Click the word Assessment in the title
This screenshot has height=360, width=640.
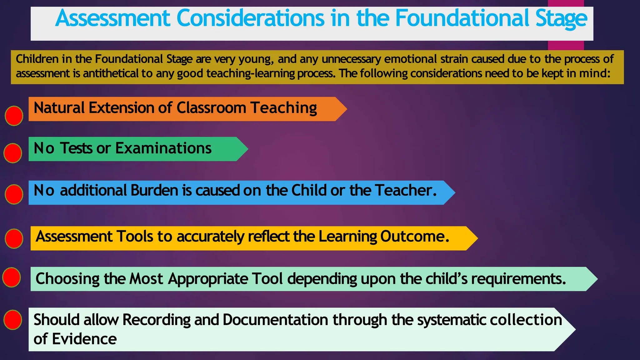click(x=112, y=18)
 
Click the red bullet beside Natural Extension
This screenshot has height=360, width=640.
click(x=14, y=116)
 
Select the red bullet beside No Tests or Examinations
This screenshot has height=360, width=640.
click(x=13, y=153)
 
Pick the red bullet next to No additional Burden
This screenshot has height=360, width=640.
click(x=14, y=194)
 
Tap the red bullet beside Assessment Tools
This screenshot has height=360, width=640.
click(x=14, y=238)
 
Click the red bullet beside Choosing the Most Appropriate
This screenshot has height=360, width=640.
click(x=12, y=277)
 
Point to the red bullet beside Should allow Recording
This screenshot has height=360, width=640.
click(x=13, y=320)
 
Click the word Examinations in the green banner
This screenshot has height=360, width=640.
click(x=163, y=148)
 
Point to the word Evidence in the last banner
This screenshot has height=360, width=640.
click(x=84, y=339)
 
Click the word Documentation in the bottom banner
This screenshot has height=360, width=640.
click(x=275, y=320)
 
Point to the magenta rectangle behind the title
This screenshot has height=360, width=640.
click(x=566, y=45)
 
